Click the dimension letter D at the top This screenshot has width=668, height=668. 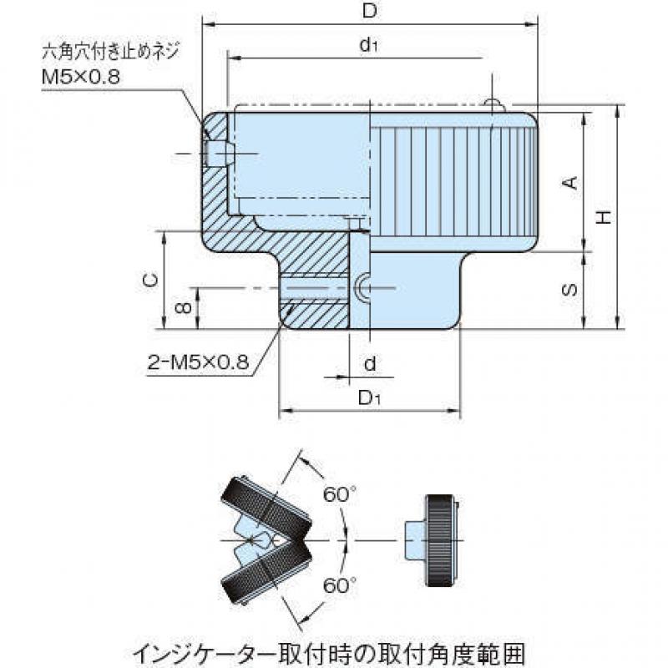[x=370, y=11]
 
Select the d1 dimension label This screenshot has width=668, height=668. [x=369, y=44]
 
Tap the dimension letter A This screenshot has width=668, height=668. [x=570, y=183]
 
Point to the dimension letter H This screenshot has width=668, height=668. [x=604, y=217]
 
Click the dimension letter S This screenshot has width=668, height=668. [x=570, y=290]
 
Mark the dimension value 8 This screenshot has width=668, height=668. [x=183, y=307]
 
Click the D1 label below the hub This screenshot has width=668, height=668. [x=369, y=398]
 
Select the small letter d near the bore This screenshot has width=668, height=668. [x=370, y=363]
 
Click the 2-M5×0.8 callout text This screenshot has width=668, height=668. [x=198, y=362]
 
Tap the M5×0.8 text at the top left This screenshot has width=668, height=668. [x=81, y=77]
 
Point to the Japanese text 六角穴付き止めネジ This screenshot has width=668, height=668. [x=110, y=52]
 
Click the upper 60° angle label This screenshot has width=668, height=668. [x=339, y=494]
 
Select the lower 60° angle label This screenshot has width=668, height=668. [x=339, y=585]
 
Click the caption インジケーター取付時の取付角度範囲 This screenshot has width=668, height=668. [x=328, y=655]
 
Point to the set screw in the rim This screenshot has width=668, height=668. [x=218, y=154]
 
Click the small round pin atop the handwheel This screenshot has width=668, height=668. [x=494, y=106]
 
